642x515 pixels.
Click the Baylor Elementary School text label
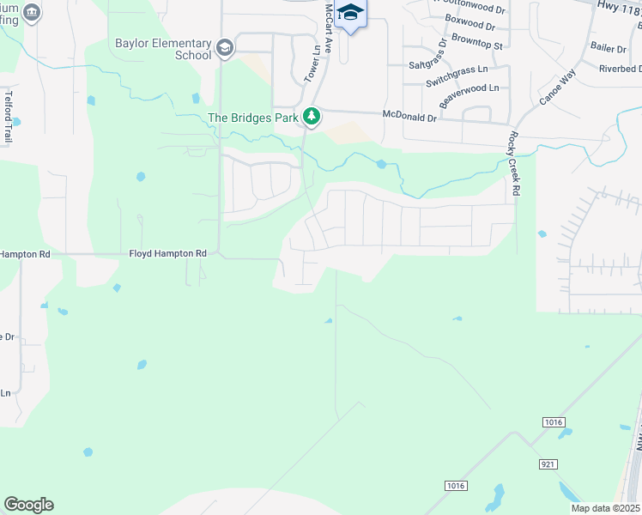pyautogui.click(x=163, y=49)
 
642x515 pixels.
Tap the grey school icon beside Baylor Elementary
pyautogui.click(x=225, y=47)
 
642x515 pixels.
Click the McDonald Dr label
pyautogui.click(x=409, y=114)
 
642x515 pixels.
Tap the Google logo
pyautogui.click(x=28, y=505)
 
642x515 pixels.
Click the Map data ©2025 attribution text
pyautogui.click(x=605, y=508)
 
